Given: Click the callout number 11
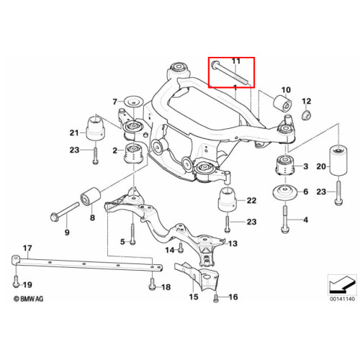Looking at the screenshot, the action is point(235,61).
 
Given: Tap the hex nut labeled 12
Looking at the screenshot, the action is point(306,114).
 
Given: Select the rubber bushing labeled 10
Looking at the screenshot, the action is point(283,103).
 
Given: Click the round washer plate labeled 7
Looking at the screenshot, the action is point(134,103).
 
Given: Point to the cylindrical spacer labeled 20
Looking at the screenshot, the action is point(338,161).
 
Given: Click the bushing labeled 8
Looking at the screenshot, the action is point(90,197).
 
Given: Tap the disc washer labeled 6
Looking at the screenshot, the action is point(285,192).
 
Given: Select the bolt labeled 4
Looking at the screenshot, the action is point(284,218).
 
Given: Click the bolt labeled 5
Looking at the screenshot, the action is point(133,234).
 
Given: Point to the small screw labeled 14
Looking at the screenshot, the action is point(181,248).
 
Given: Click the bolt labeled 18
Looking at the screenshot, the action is point(152,284).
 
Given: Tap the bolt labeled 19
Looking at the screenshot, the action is point(16,282).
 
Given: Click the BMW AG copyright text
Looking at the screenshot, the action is point(29,299).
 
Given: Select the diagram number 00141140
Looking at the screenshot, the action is point(342,299).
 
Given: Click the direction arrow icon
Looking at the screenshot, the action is point(342,284).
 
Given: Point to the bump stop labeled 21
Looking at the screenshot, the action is point(96,128).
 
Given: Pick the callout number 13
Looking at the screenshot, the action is point(233,243).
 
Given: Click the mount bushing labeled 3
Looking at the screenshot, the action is point(285,166).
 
